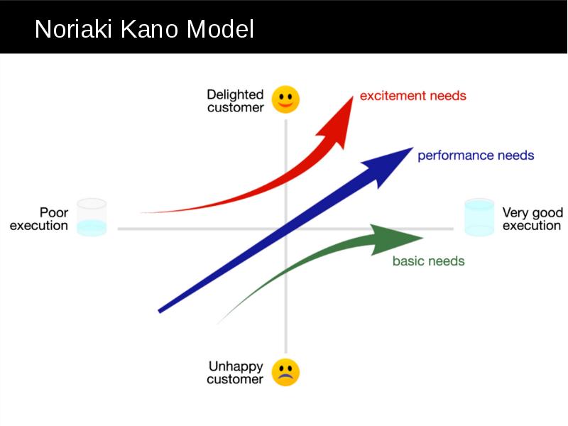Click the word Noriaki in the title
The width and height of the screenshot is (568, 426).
click(x=73, y=29)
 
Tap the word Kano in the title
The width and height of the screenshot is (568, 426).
click(x=149, y=29)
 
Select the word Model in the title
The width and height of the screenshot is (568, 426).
click(x=220, y=29)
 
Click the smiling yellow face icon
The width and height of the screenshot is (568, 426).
click(x=285, y=99)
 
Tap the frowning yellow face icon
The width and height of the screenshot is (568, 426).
click(x=285, y=372)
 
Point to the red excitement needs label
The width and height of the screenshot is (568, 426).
click(x=413, y=96)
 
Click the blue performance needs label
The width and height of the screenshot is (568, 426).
click(x=476, y=155)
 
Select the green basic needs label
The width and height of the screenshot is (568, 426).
click(x=429, y=261)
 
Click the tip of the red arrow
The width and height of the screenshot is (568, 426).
click(x=352, y=96)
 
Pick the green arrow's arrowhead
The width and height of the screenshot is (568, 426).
click(x=395, y=239)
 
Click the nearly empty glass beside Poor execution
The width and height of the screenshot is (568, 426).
click(x=92, y=217)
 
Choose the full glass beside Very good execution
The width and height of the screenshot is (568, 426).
click(x=479, y=217)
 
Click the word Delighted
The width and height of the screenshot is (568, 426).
click(x=235, y=94)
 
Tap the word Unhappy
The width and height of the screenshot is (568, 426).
click(x=236, y=366)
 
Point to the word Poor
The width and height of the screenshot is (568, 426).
click(x=54, y=212)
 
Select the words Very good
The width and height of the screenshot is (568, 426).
click(x=532, y=212)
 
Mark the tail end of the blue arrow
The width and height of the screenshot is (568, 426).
click(x=159, y=311)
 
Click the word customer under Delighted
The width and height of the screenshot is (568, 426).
click(x=236, y=108)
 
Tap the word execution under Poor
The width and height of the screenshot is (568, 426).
click(x=39, y=226)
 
